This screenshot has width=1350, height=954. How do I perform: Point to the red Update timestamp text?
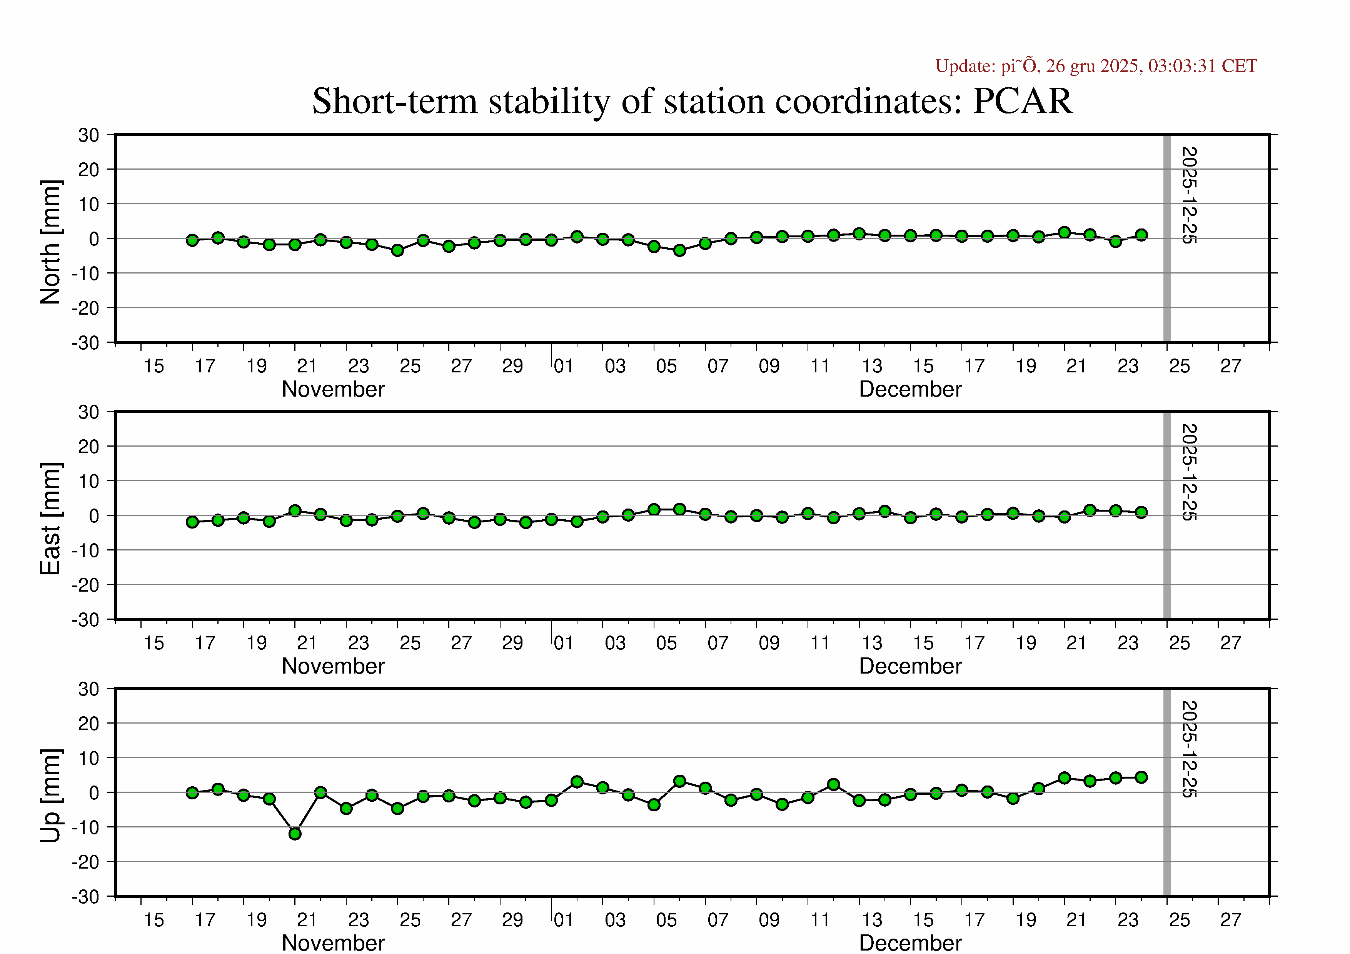[1096, 66]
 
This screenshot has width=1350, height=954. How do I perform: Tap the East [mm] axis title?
[50, 519]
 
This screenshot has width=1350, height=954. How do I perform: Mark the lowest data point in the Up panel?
[295, 834]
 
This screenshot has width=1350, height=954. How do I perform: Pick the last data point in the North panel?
[1141, 235]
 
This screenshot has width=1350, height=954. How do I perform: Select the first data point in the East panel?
[192, 522]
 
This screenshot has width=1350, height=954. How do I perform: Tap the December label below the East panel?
[910, 666]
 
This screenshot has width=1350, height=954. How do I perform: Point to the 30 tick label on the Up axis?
[89, 689]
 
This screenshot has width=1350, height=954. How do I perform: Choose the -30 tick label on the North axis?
[86, 343]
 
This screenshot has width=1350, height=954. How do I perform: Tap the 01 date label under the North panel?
[563, 366]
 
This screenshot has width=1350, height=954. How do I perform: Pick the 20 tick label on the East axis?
[89, 447]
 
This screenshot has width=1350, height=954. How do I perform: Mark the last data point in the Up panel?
[1141, 777]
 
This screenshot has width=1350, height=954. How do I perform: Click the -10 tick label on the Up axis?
[86, 827]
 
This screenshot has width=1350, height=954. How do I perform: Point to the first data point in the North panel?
[192, 240]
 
